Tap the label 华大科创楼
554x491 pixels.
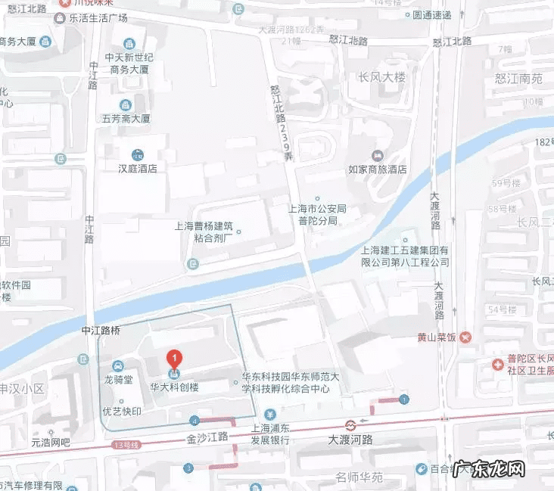[176, 386]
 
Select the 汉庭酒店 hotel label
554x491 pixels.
[137, 169]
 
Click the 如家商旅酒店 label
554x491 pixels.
[378, 169]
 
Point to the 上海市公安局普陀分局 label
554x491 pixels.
[317, 213]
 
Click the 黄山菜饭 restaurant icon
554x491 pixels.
[465, 337]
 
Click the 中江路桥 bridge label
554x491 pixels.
[101, 331]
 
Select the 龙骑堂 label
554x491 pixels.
[118, 380]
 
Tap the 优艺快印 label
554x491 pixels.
[122, 412]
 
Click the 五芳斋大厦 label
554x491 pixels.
[126, 119]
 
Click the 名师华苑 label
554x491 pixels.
[360, 477]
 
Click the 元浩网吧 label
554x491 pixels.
[50, 442]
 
